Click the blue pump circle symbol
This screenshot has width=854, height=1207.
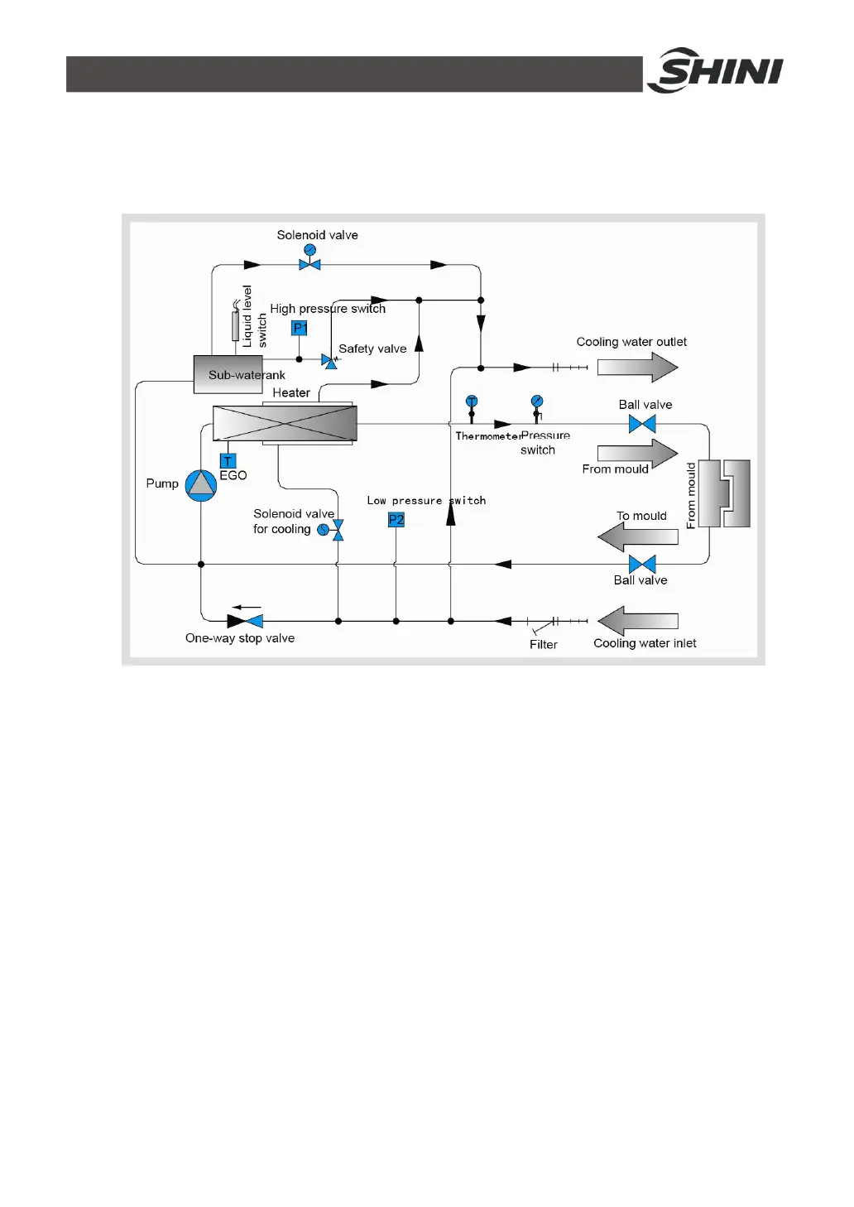tap(201, 485)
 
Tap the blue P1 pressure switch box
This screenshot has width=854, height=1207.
tap(300, 329)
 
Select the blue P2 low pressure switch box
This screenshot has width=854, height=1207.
tap(396, 520)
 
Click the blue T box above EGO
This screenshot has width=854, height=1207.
tap(228, 461)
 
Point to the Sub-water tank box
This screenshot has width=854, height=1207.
tap(228, 374)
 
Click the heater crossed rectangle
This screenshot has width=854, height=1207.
tap(285, 424)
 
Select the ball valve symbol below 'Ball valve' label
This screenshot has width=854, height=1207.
tap(642, 424)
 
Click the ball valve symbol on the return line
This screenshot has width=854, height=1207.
tap(642, 565)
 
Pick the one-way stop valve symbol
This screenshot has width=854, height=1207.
tap(245, 621)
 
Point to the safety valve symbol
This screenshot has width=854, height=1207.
tap(329, 360)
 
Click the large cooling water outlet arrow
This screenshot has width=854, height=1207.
tap(637, 367)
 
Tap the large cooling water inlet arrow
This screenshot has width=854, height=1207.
tap(637, 621)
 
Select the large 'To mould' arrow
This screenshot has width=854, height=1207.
tap(637, 537)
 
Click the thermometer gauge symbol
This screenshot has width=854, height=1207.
tap(472, 403)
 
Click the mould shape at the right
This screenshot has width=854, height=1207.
tap(724, 494)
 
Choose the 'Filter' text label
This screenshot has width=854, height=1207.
tap(544, 644)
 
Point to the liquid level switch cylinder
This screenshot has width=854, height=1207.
tap(236, 325)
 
